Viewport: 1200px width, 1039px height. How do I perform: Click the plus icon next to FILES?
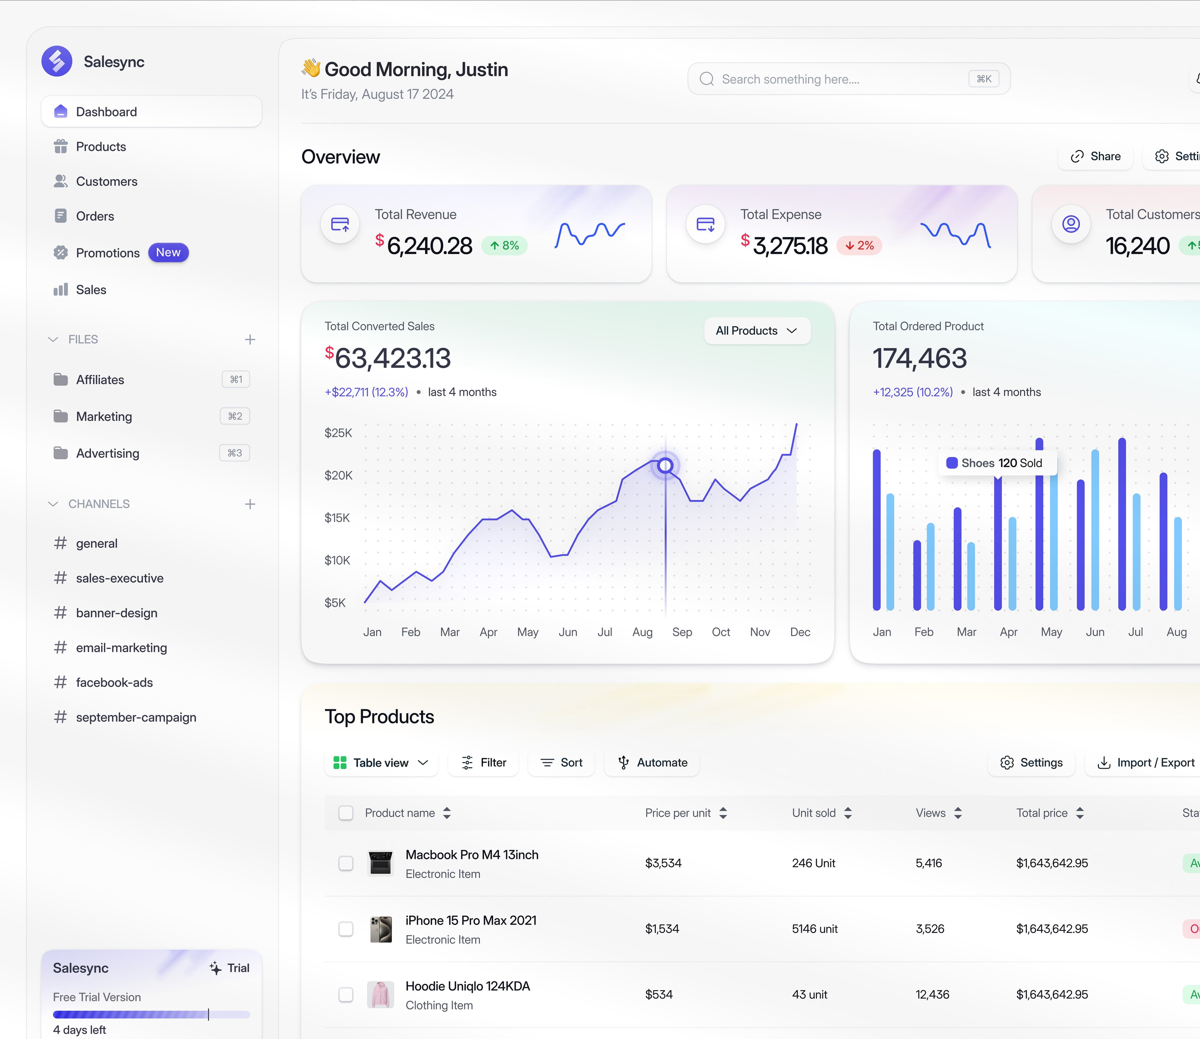tap(250, 339)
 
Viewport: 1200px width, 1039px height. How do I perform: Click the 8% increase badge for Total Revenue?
tap(504, 245)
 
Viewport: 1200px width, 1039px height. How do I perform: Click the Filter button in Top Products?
tap(483, 763)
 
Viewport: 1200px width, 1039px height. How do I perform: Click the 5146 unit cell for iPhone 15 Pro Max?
tap(814, 929)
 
